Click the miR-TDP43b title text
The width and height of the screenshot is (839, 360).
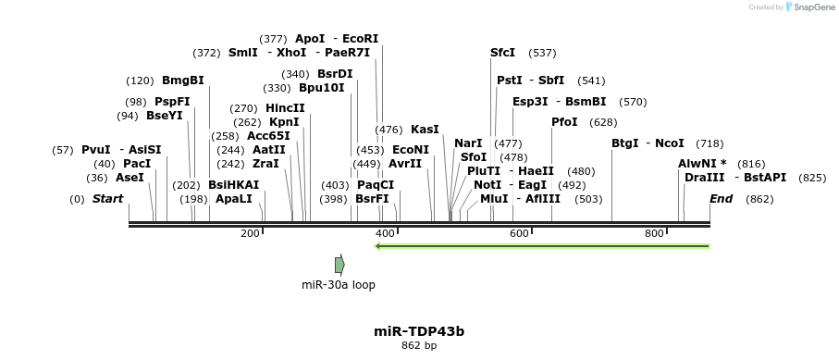pyautogui.click(x=419, y=330)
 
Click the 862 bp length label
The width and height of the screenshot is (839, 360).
pyautogui.click(x=419, y=346)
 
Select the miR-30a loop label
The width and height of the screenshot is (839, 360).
pyautogui.click(x=339, y=285)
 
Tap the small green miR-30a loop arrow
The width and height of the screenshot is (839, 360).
pyautogui.click(x=339, y=265)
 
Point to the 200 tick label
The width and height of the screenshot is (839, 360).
pyautogui.click(x=250, y=233)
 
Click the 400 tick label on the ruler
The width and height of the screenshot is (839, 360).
pyautogui.click(x=385, y=233)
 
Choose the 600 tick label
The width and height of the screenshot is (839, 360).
pyautogui.click(x=519, y=233)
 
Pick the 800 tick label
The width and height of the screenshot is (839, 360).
pyautogui.click(x=654, y=233)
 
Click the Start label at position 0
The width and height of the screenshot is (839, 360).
pyautogui.click(x=107, y=199)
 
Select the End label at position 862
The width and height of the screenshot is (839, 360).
pyautogui.click(x=722, y=199)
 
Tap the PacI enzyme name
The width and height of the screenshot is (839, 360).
pyautogui.click(x=137, y=164)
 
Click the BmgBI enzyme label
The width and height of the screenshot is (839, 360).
pyautogui.click(x=182, y=81)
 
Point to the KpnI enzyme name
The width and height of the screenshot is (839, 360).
pyautogui.click(x=284, y=121)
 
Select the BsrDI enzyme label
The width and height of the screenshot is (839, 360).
pyautogui.click(x=335, y=74)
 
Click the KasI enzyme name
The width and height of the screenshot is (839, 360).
pyautogui.click(x=425, y=129)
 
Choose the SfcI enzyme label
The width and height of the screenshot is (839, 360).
pyautogui.click(x=502, y=53)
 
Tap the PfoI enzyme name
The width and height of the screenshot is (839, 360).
pyautogui.click(x=564, y=122)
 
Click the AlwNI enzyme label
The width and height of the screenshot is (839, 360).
pyautogui.click(x=702, y=163)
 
